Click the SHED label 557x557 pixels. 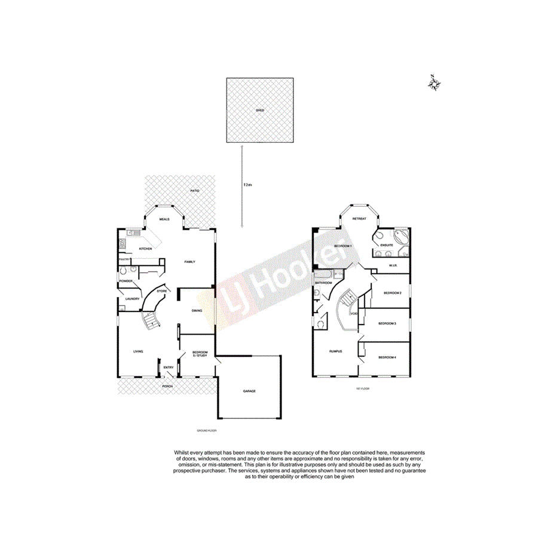pyautogui.click(x=259, y=111)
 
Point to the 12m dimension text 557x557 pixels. pyautogui.click(x=247, y=185)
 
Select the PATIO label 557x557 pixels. pyautogui.click(x=194, y=191)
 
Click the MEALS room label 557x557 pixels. pyautogui.click(x=164, y=219)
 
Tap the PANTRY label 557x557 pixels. pyautogui.click(x=124, y=259)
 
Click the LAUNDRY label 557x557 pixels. pyautogui.click(x=132, y=299)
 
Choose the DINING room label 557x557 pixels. pyautogui.click(x=197, y=311)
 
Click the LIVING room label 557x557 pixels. pyautogui.click(x=138, y=351)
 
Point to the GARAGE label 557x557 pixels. pyautogui.click(x=249, y=391)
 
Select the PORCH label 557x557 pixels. pyautogui.click(x=167, y=386)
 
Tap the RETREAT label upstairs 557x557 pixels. pyautogui.click(x=359, y=219)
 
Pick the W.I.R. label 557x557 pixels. pyautogui.click(x=393, y=265)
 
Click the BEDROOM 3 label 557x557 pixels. pyautogui.click(x=387, y=323)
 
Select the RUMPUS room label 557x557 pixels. pyautogui.click(x=335, y=351)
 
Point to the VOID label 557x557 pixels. pyautogui.click(x=354, y=313)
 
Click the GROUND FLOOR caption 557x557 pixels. pyautogui.click(x=206, y=430)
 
